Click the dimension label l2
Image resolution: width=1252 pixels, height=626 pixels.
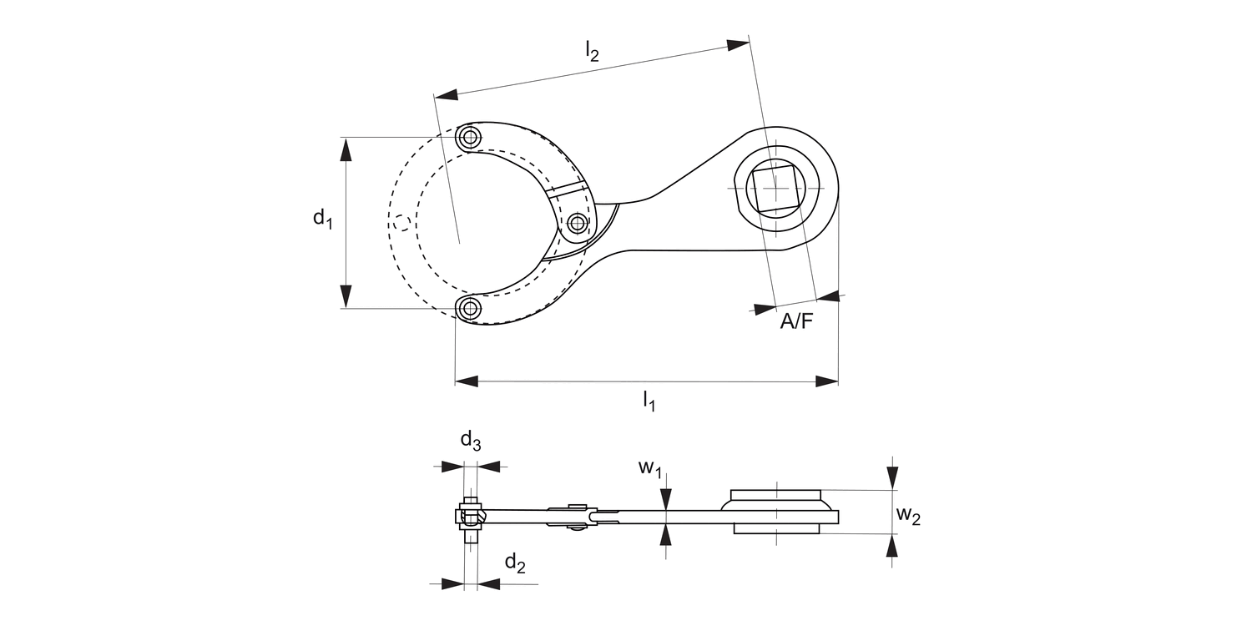[x=591, y=53]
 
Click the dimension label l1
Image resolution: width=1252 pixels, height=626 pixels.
[x=649, y=402]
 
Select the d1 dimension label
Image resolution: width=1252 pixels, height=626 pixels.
[x=323, y=220]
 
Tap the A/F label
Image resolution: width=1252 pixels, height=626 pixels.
[x=795, y=321]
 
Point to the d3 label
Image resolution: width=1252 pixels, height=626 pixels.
[x=471, y=441]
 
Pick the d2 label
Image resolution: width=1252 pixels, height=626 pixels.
[x=515, y=564]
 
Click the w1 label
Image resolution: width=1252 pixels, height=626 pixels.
[x=650, y=468]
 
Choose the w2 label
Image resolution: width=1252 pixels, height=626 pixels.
[x=908, y=516]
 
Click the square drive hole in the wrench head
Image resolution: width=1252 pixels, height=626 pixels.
[x=776, y=188]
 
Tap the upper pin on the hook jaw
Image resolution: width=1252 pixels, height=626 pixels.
[x=471, y=137]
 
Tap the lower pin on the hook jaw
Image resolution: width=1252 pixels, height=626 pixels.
[x=471, y=309]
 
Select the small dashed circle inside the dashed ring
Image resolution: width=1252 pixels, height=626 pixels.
[x=401, y=222]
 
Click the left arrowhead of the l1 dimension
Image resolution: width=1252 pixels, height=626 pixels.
[x=466, y=381]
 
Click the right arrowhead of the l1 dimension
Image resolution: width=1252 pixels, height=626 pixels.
[x=827, y=381]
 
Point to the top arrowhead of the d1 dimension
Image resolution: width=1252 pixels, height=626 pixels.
[x=346, y=150]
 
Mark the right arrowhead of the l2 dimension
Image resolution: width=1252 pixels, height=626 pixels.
[x=738, y=45]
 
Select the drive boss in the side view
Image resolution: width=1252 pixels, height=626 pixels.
[x=776, y=511]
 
